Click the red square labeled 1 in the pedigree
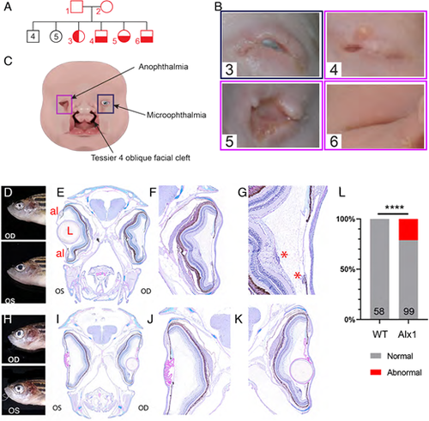tap(76, 7)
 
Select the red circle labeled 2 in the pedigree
tap(106, 6)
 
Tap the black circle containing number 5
tap(56, 37)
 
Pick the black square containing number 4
tap(33, 36)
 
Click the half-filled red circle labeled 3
tap(79, 36)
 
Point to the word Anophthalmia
tap(163, 67)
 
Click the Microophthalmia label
tap(177, 115)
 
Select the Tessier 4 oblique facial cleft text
tap(141, 158)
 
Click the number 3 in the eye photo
tap(229, 69)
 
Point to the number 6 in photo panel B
tap(334, 141)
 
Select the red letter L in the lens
tap(69, 231)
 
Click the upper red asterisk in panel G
tap(284, 255)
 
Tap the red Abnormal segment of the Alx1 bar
tap(408, 230)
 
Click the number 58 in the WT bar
tap(379, 310)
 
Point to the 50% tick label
tap(347, 269)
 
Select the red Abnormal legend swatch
tap(376, 372)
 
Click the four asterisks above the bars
tap(394, 207)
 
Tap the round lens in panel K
tap(300, 371)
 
